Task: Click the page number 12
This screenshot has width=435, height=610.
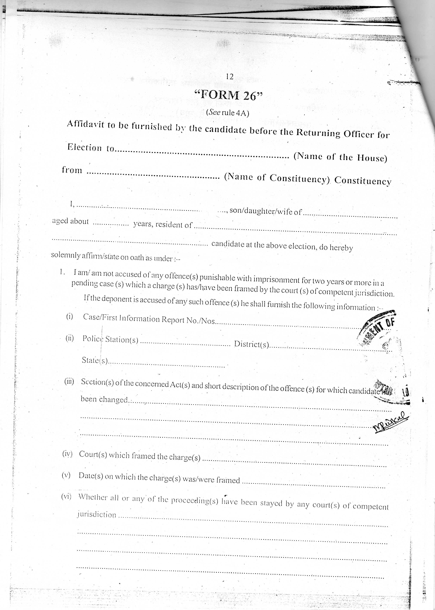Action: pyautogui.click(x=229, y=77)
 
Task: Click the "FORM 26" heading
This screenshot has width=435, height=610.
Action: pyautogui.click(x=228, y=95)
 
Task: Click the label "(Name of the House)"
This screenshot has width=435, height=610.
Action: pyautogui.click(x=340, y=157)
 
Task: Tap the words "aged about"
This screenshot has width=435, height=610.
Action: pyautogui.click(x=70, y=221)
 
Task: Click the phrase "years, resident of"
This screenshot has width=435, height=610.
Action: pyautogui.click(x=163, y=224)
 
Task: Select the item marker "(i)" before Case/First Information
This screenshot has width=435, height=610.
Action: pyautogui.click(x=69, y=317)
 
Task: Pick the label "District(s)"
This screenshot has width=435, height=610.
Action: pyautogui.click(x=251, y=344)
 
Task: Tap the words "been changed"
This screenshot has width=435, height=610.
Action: pyautogui.click(x=104, y=399)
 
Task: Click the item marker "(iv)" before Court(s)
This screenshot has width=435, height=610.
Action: pyautogui.click(x=67, y=454)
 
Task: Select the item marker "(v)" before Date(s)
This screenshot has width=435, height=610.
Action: pyautogui.click(x=66, y=475)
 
